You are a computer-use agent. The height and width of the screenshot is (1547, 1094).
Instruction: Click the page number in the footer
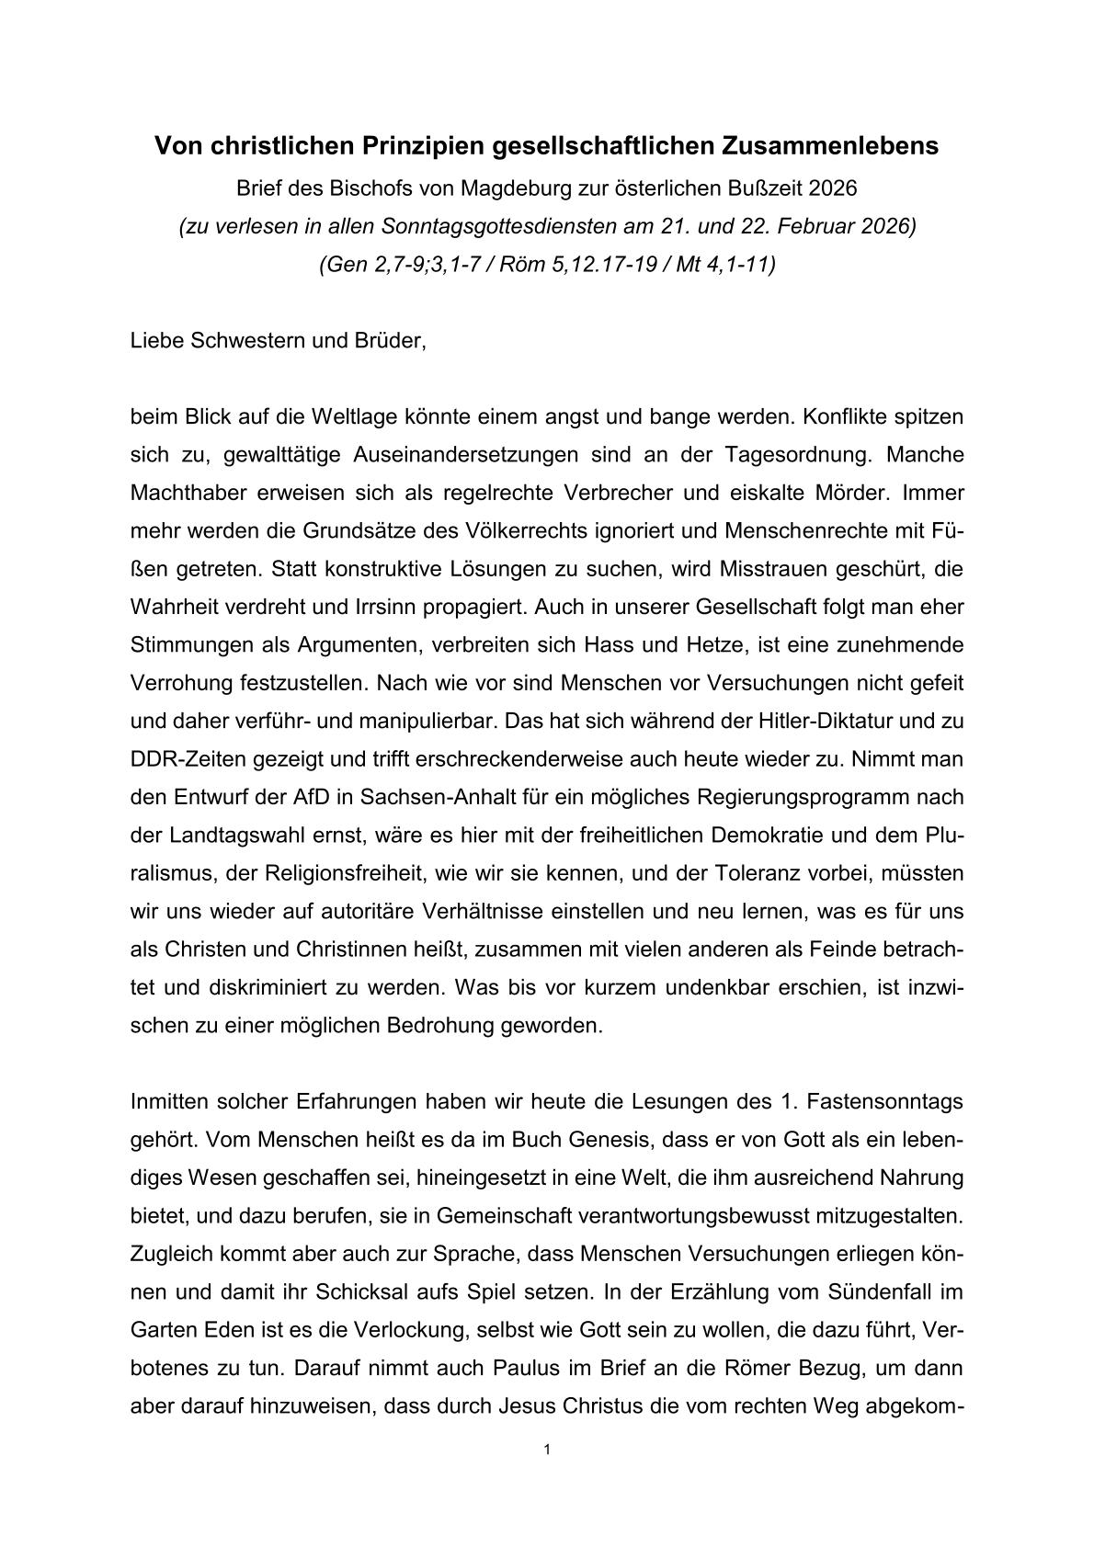point(547,1450)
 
